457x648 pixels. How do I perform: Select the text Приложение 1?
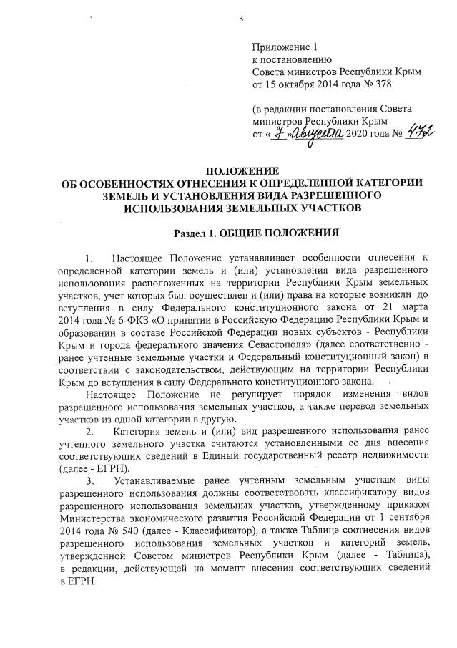point(285,47)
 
